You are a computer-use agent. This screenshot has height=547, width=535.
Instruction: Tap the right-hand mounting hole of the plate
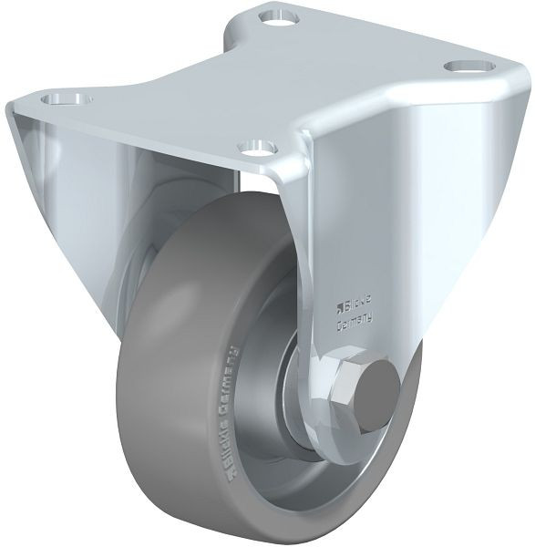470,67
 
